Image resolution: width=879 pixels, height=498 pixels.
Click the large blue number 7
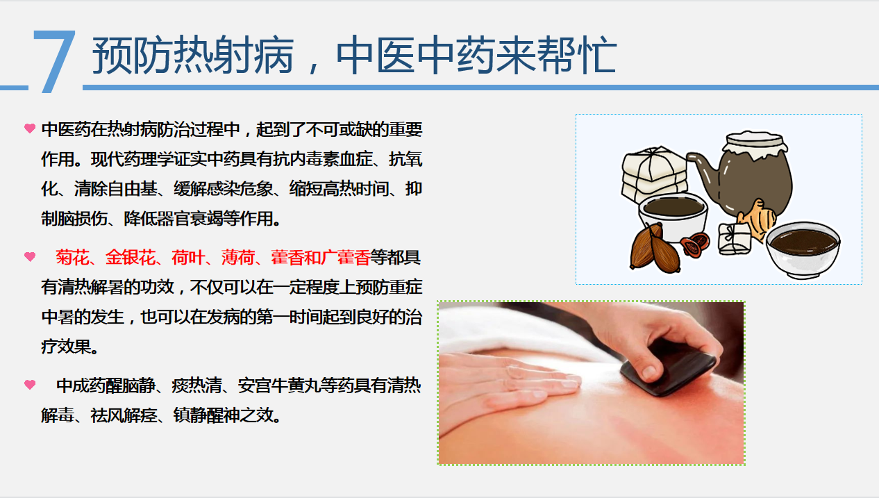coord(54,61)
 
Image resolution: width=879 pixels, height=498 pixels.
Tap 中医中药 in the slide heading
coord(415,55)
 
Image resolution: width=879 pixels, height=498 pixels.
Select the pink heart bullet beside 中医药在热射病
coord(30,128)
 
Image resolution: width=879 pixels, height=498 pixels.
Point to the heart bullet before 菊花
coord(30,257)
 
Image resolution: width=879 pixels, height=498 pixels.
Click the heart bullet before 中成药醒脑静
coord(30,385)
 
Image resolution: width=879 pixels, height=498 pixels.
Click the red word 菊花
coord(72,258)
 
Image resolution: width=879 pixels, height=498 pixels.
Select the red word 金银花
coord(131,258)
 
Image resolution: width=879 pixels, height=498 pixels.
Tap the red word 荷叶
coord(188,258)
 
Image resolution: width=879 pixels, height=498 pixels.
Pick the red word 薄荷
coord(237,258)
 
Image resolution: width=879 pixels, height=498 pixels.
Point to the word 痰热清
coord(196,385)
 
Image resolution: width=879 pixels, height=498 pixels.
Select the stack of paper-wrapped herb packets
coord(654,173)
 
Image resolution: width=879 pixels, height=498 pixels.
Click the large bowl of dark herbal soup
coord(803,249)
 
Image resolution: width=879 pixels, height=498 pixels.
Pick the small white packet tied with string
coord(734,239)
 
